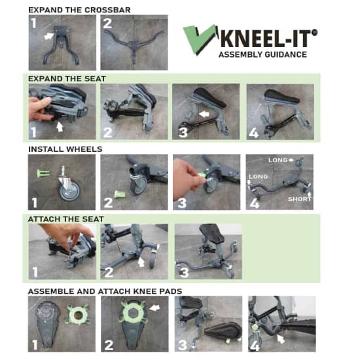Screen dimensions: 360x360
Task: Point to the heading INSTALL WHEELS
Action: point(65,149)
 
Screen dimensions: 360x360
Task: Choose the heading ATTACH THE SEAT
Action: point(66,219)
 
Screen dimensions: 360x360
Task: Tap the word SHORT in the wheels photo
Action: point(300,198)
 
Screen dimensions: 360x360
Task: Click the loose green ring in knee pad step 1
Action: point(76,313)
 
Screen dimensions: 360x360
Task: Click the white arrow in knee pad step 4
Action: point(282,339)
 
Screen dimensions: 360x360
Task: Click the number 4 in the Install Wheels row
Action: point(253,202)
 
